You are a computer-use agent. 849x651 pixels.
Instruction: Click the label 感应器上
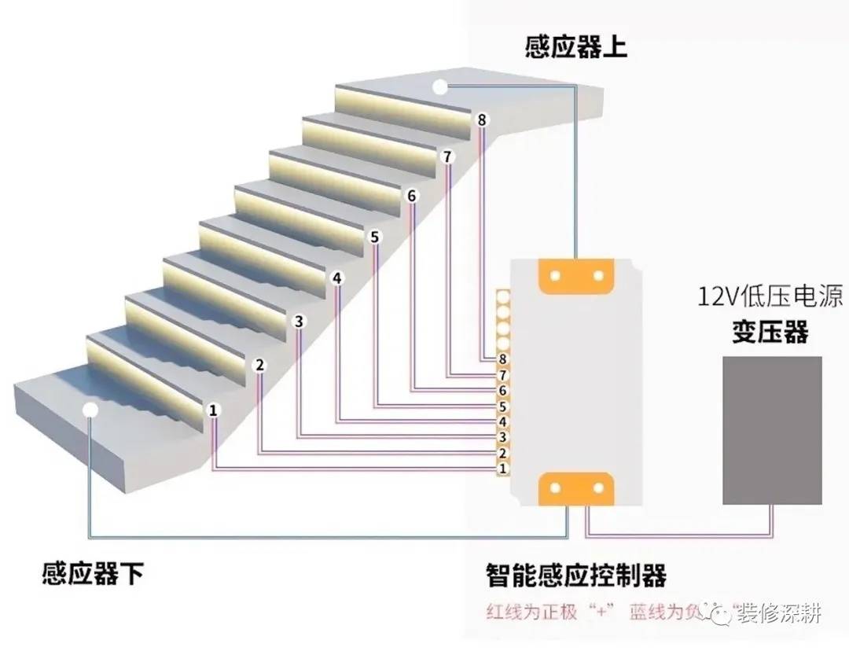(575, 47)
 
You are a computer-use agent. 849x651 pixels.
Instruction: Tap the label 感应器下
(92, 573)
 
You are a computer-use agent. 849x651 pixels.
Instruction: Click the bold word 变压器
(765, 331)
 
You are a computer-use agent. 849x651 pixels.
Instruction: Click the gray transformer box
(772, 429)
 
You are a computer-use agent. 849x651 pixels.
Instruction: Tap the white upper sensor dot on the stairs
(441, 87)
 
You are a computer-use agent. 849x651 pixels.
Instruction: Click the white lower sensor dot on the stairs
(90, 409)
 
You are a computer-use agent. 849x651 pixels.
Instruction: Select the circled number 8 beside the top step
(482, 120)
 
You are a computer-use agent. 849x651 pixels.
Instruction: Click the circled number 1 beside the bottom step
(213, 410)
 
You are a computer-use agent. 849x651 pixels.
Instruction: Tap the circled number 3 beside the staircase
(299, 321)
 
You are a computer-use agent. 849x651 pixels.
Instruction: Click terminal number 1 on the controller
(503, 469)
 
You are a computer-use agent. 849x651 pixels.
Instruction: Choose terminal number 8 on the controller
(503, 359)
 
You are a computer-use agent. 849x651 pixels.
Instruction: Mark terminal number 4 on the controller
(503, 422)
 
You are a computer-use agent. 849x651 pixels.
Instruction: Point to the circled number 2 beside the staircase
(260, 365)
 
